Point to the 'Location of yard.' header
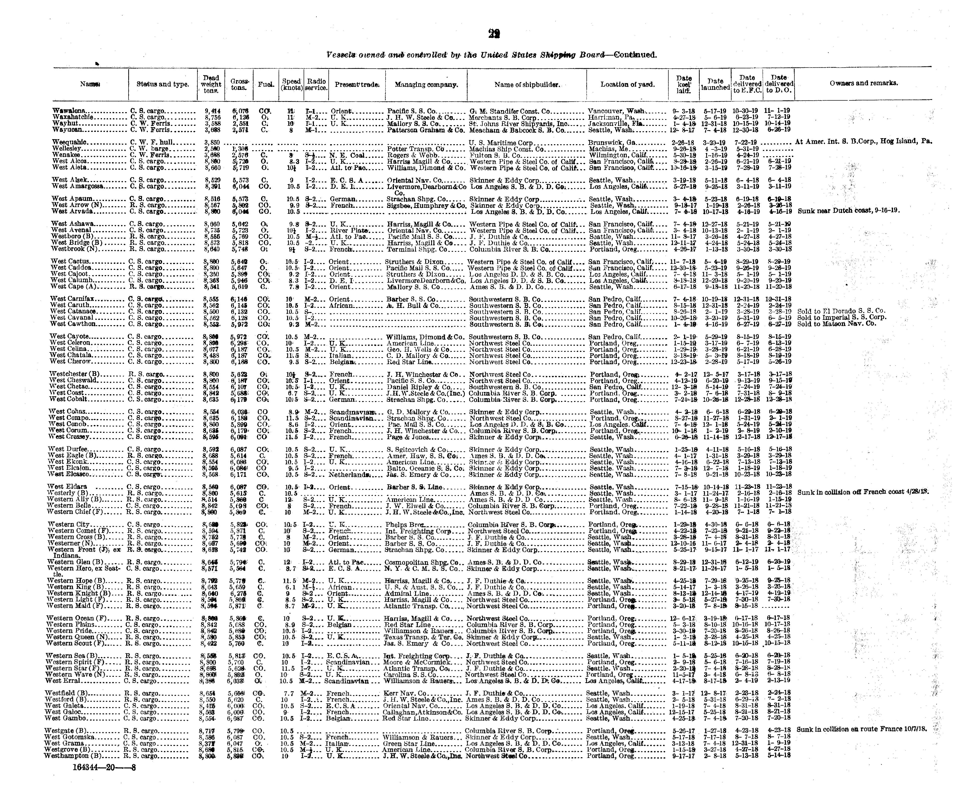[627, 84]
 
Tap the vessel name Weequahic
[70, 143]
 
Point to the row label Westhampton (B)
[73, 756]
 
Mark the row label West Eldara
[67, 487]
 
